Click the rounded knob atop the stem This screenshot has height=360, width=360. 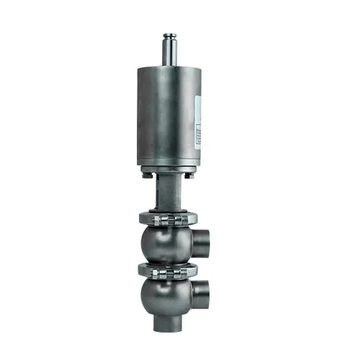point(171,35)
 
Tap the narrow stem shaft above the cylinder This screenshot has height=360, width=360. point(171,52)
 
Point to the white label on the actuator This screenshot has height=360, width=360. point(199,119)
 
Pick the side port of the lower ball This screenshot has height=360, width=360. point(209,296)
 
